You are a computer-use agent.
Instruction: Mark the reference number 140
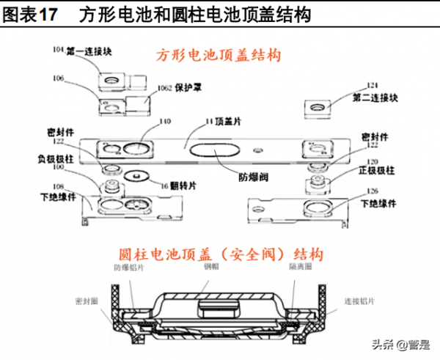click(x=166, y=121)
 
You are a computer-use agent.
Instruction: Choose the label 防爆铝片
click(x=128, y=269)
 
